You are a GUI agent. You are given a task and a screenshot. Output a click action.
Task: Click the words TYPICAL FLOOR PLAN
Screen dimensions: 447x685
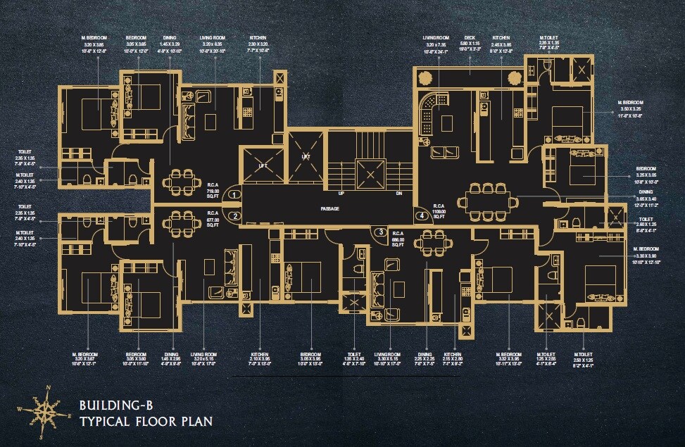point(146,422)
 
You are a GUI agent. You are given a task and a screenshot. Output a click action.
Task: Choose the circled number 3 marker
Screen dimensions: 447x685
point(379,232)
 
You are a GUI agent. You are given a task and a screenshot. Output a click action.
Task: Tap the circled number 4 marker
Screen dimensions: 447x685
point(420,215)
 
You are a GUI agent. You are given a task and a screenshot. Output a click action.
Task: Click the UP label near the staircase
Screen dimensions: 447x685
point(341,192)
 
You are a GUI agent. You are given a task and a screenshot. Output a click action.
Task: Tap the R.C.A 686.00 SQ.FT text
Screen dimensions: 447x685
point(398,237)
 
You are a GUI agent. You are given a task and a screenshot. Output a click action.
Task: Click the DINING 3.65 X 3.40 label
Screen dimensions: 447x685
point(646,196)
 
